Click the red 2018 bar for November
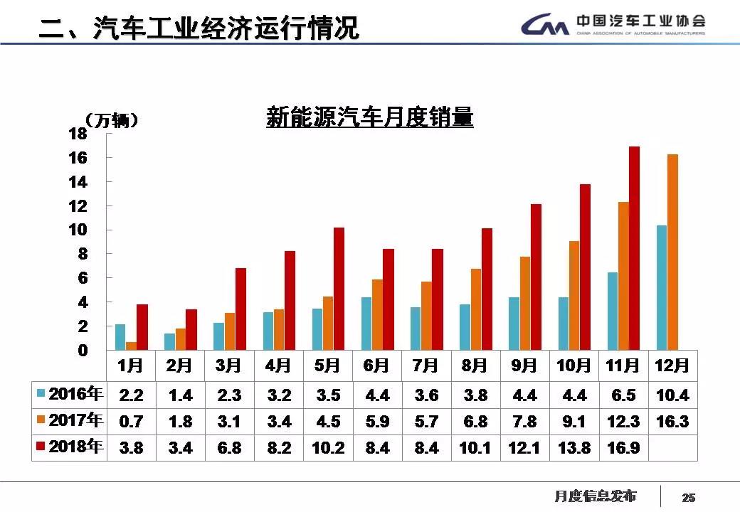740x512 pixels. point(634,249)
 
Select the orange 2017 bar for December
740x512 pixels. point(672,252)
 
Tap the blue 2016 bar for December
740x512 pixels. point(662,288)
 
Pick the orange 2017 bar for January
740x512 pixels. point(132,346)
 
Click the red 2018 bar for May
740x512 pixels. point(339,289)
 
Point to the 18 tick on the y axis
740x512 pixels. point(78,134)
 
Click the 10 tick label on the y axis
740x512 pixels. point(78,230)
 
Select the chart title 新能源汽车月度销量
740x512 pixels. point(369,117)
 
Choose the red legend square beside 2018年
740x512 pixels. point(41,447)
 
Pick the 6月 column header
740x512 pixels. point(376,366)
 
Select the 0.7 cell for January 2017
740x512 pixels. point(131,421)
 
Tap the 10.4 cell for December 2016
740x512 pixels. point(672,395)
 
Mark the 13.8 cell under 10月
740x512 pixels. point(573,448)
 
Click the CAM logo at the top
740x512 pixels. point(545,26)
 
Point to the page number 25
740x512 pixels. point(688,497)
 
